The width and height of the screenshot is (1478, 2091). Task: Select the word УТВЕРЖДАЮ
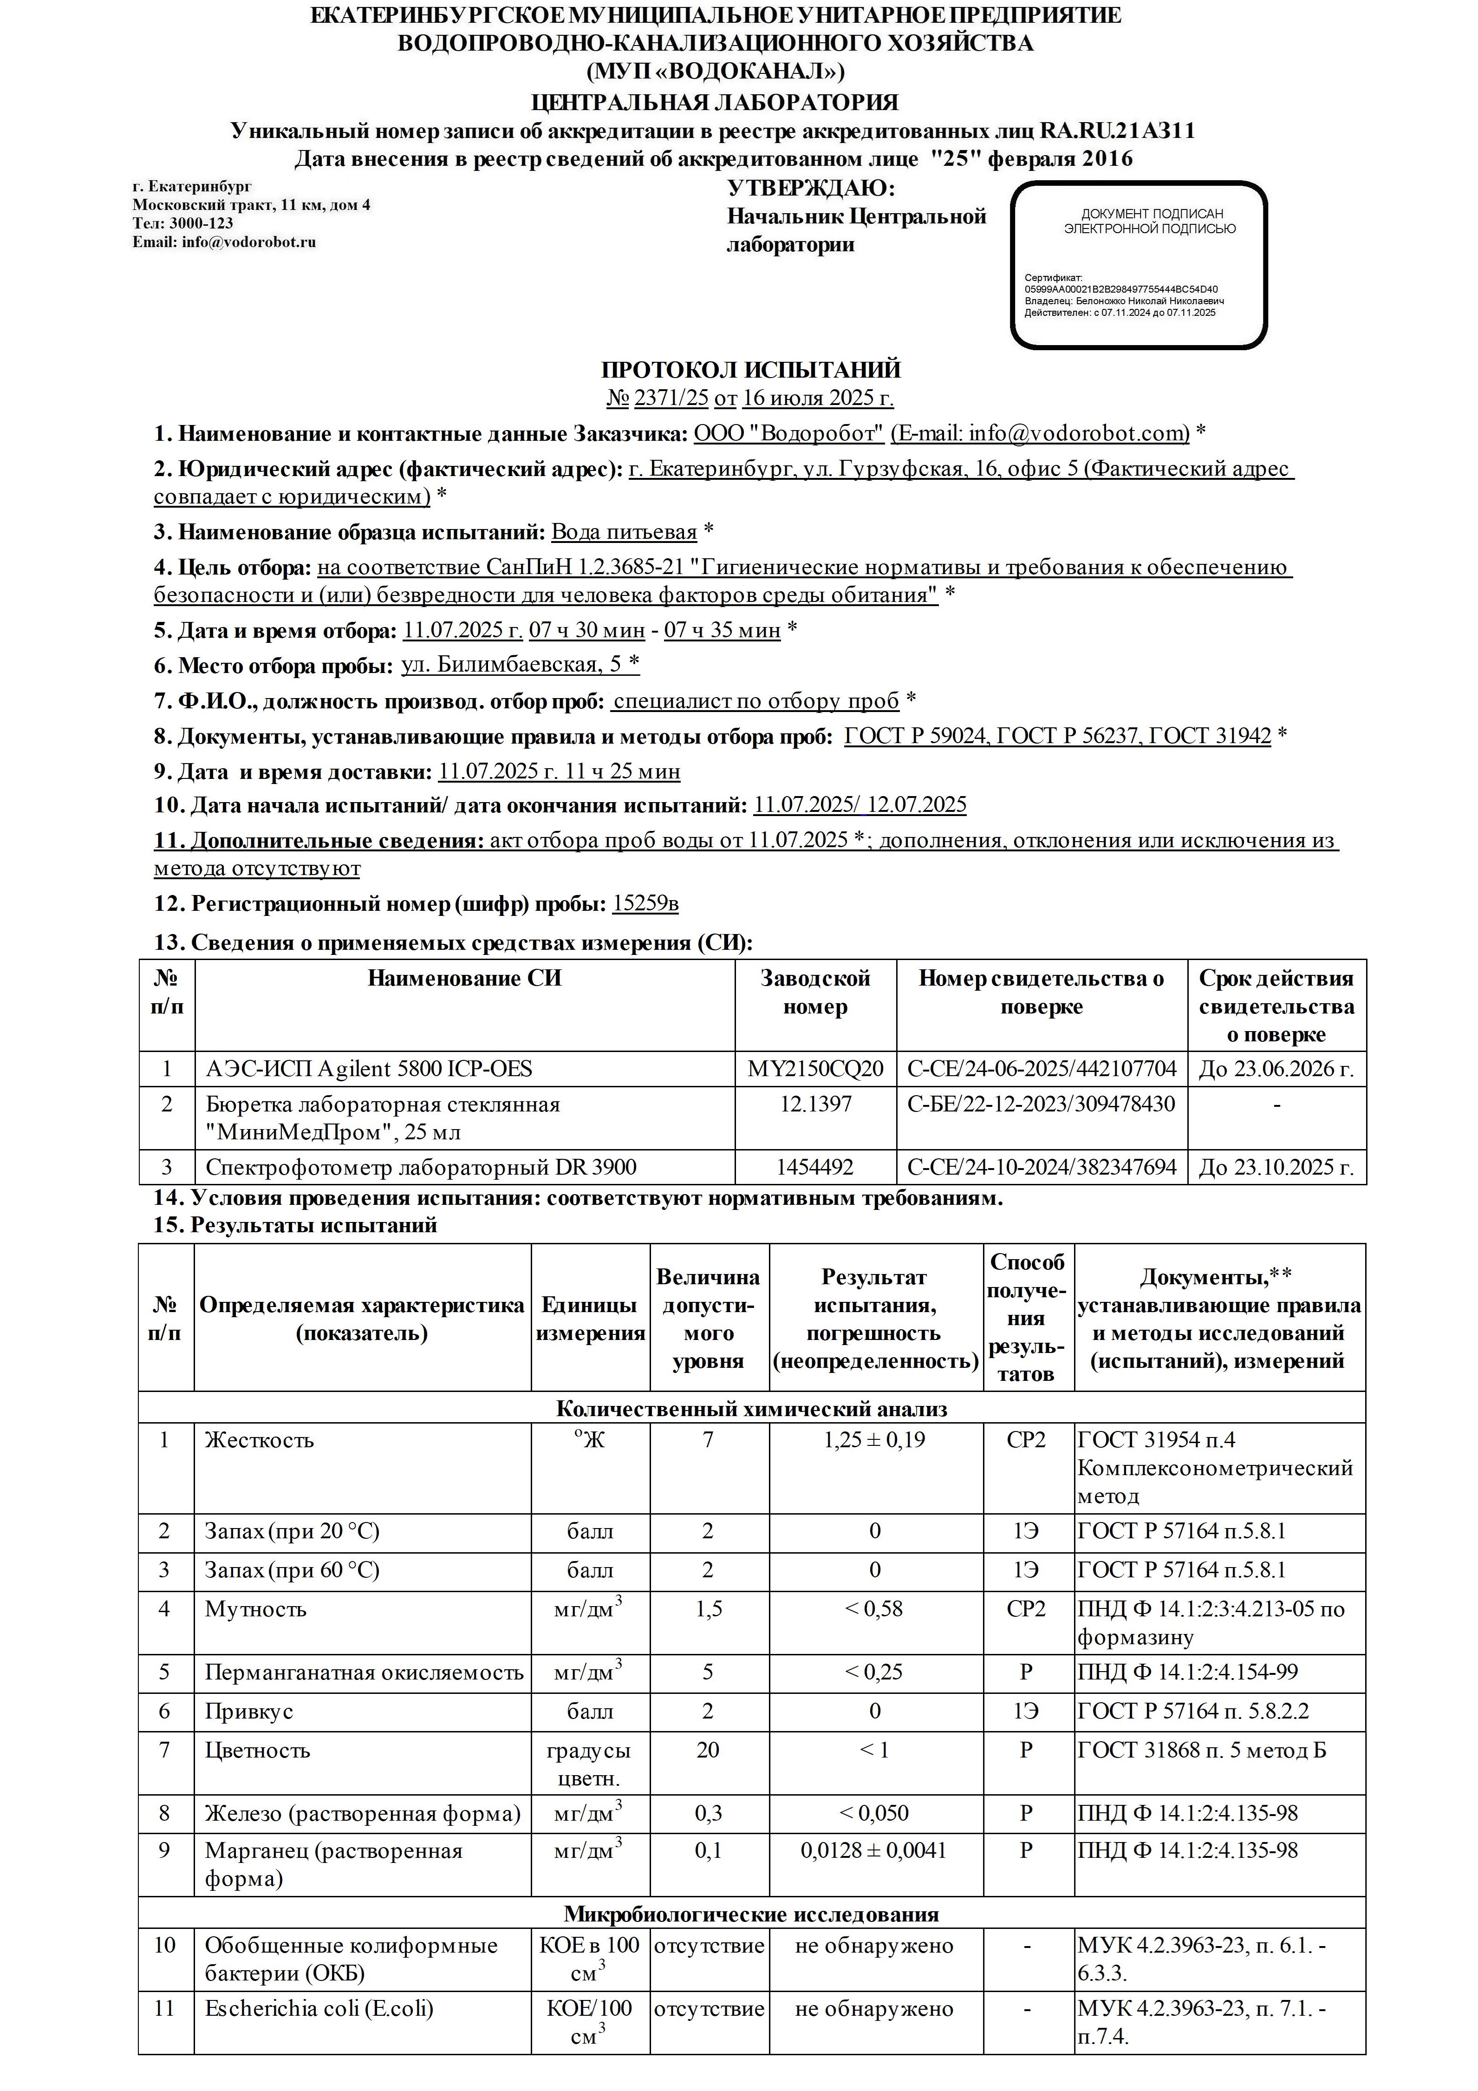click(x=810, y=189)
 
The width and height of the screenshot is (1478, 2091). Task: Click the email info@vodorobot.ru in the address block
click(x=224, y=242)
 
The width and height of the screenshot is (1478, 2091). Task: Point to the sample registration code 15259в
click(x=645, y=904)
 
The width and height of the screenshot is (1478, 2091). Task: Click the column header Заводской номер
click(x=815, y=993)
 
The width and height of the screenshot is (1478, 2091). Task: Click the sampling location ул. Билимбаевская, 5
click(x=520, y=665)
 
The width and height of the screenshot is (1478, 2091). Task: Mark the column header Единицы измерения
click(x=590, y=1319)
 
